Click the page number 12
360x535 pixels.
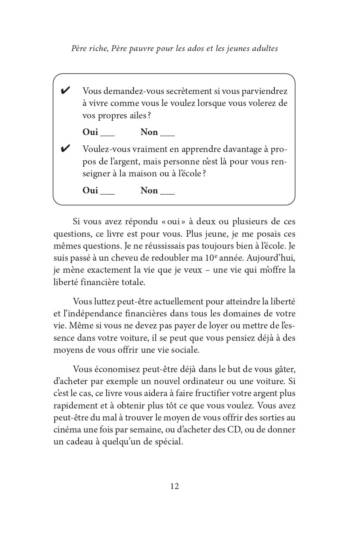[174, 486]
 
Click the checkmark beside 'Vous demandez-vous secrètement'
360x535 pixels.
[65, 91]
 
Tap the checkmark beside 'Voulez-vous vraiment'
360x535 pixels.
[65, 149]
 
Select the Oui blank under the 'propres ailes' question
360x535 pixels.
[108, 134]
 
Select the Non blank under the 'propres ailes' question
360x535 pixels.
[168, 134]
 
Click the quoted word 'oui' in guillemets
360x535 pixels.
[174, 222]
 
